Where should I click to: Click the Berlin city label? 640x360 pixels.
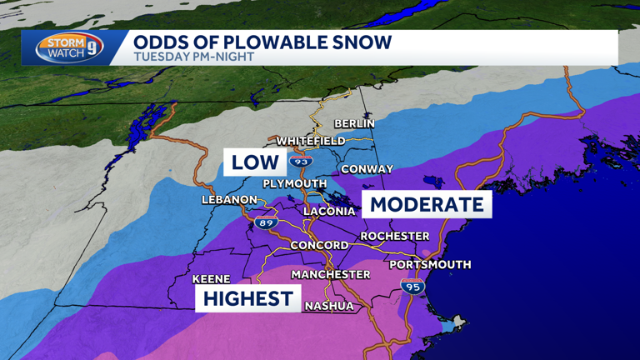click(354, 123)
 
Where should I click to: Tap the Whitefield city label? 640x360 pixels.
click(311, 141)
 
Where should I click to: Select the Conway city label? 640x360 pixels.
click(367, 169)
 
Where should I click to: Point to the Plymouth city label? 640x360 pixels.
click(294, 183)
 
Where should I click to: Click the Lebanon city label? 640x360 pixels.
click(229, 200)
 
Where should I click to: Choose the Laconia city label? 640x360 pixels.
click(329, 212)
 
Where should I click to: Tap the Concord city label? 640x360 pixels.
click(319, 245)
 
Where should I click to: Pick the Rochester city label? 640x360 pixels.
click(394, 237)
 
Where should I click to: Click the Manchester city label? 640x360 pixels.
click(330, 274)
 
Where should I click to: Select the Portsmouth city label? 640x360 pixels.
click(430, 265)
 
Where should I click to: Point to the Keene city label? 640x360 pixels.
click(211, 279)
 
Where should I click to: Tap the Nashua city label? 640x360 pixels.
click(328, 306)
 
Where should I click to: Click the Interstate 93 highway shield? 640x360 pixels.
click(301, 161)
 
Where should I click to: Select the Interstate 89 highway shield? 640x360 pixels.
click(266, 223)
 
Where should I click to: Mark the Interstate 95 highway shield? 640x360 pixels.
click(412, 287)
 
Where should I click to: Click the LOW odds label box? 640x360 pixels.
click(254, 162)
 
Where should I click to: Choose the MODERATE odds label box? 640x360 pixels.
click(427, 204)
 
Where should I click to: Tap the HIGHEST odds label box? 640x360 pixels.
click(247, 298)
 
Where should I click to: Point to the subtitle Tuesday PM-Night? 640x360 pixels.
click(194, 57)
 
